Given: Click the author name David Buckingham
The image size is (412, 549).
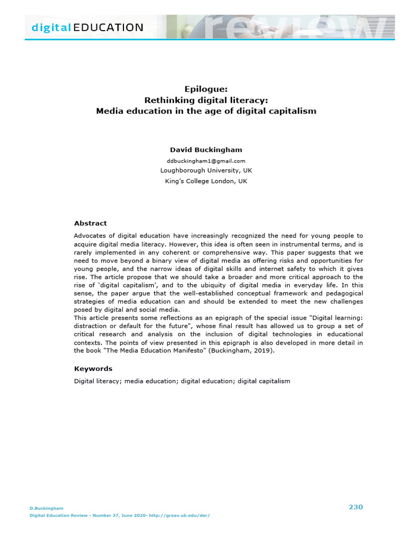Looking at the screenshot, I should [206, 150].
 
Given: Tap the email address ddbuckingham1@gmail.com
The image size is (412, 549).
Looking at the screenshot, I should [206, 161].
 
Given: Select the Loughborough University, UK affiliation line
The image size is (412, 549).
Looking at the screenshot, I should [206, 170].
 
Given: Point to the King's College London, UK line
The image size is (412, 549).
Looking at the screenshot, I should [206, 181].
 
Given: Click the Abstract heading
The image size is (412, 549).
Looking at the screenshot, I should [90, 223].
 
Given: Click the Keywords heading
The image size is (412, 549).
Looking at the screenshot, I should [93, 368].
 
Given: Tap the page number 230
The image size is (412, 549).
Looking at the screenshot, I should [356, 507].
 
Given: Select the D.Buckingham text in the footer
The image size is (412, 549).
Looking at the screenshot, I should [46, 508].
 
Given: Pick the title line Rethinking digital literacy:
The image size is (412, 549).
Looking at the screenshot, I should [206, 100].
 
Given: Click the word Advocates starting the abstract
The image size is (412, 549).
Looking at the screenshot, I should [90, 235].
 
